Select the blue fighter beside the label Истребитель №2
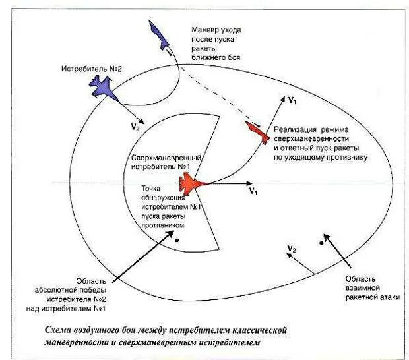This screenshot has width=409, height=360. [103, 86]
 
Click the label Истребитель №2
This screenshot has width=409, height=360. [92, 69]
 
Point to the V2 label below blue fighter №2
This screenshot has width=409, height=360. [135, 127]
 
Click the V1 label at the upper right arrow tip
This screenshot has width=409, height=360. [292, 100]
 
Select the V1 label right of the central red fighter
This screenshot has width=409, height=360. [252, 191]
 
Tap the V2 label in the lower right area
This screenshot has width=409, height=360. [292, 249]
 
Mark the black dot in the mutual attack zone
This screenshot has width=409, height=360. [321, 243]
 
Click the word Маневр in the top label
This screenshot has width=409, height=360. [204, 30]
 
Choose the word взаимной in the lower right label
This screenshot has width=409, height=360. [362, 288]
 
